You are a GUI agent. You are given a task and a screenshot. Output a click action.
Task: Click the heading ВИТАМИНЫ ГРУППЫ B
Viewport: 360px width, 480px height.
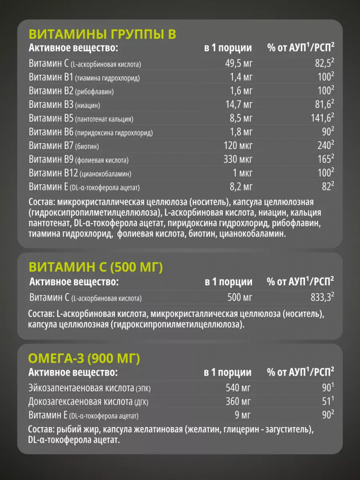(x=103, y=35)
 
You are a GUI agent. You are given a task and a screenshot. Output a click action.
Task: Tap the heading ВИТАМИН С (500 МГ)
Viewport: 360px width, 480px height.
(x=96, y=267)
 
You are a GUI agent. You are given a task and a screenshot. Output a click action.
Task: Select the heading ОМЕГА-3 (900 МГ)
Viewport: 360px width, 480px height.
(x=84, y=358)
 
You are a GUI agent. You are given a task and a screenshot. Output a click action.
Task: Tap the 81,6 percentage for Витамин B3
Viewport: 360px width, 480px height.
(x=322, y=105)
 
